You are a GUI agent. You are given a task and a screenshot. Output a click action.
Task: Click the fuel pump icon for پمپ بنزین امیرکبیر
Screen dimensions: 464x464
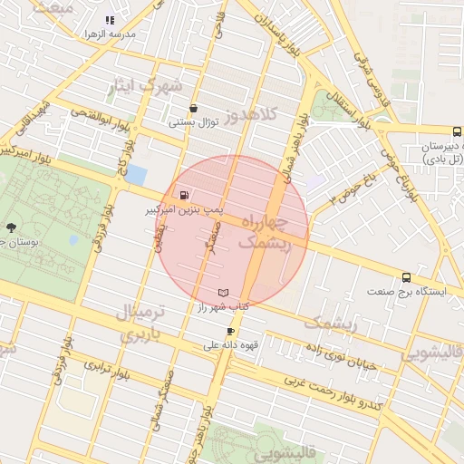coord(185,195)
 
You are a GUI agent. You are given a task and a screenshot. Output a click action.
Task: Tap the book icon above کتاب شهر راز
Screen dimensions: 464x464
coord(223,293)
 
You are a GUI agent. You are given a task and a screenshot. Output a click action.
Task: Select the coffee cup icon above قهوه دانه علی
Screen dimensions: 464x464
coord(230,332)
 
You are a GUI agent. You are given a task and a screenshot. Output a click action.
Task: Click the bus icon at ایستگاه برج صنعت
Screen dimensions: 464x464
coord(405,278)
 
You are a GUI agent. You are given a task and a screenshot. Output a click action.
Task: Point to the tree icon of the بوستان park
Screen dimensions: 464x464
coord(11,227)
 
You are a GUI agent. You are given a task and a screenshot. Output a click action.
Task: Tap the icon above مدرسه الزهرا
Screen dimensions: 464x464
coord(110,20)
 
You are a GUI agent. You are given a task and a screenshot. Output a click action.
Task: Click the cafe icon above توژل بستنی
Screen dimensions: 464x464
coord(194,108)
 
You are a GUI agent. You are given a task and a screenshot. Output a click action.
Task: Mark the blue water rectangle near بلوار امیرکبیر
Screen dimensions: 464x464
coord(135,174)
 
